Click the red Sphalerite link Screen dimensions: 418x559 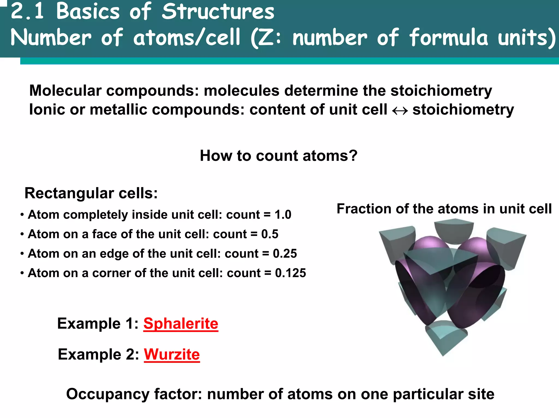181,324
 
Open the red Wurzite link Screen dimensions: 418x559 172,354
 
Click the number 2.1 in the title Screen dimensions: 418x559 27,11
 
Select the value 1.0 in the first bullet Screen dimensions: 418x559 283,215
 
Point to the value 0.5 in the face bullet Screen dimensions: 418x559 270,234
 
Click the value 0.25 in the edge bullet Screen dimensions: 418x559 285,254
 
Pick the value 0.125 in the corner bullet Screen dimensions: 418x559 290,273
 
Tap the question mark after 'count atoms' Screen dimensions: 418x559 353,156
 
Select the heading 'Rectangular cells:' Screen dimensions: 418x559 91,193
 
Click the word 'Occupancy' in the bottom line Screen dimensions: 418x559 108,394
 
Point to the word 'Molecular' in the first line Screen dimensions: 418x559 66,91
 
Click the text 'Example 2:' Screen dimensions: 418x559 99,354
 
